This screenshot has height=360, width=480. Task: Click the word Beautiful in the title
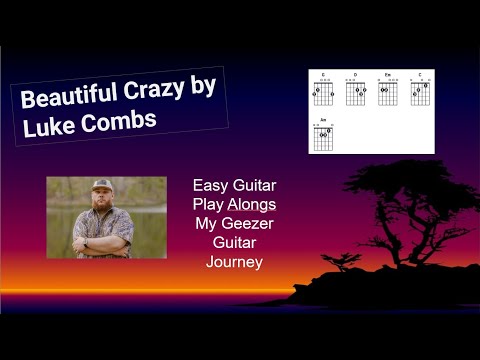tap(67, 101)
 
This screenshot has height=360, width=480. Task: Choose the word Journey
tap(234, 262)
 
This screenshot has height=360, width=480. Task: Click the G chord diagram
tap(323, 92)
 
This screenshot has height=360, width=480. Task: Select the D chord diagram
tap(356, 92)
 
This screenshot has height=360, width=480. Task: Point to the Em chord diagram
tap(388, 92)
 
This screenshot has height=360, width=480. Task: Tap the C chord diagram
tap(420, 92)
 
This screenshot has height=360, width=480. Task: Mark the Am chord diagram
tap(323, 134)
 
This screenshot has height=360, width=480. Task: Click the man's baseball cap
tap(102, 186)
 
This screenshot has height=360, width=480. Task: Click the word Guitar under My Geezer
tap(234, 242)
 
